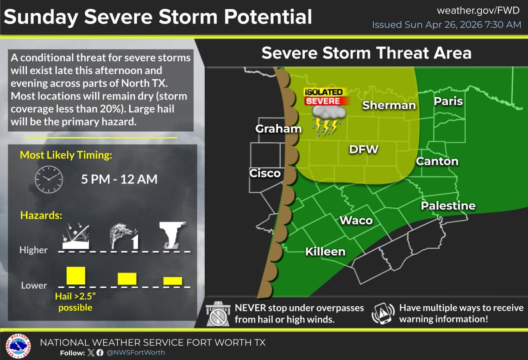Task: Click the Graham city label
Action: (x=278, y=129)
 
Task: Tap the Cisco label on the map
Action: (x=265, y=173)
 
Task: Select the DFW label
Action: (x=364, y=149)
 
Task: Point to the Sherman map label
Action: (x=389, y=105)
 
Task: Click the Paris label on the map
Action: (x=448, y=101)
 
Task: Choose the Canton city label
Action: (x=437, y=161)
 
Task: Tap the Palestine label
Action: (x=448, y=206)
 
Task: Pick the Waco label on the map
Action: (x=356, y=220)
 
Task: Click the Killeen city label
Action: (x=325, y=252)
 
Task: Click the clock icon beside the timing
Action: (x=49, y=179)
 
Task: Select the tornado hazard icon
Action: (x=172, y=234)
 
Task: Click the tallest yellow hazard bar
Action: (x=76, y=276)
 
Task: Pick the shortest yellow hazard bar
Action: (x=173, y=281)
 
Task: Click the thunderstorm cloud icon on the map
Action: (x=329, y=119)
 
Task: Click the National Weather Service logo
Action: (x=18, y=346)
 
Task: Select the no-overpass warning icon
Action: (x=218, y=314)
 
